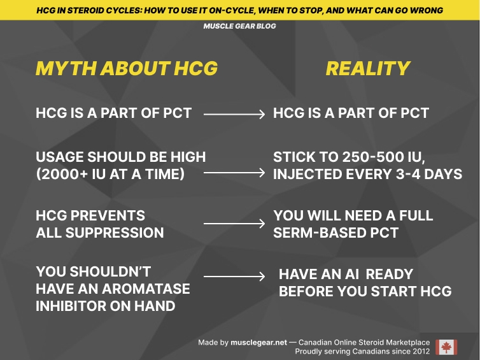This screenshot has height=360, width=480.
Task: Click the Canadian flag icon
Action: (x=446, y=347)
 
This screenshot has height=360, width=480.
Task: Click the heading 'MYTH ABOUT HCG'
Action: (x=127, y=69)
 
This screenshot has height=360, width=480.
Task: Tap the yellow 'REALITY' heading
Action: (x=368, y=69)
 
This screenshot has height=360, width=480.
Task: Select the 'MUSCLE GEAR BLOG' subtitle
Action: (x=240, y=27)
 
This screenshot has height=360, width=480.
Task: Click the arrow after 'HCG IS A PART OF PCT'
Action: (x=234, y=114)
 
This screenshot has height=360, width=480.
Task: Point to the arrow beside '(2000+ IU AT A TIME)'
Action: (x=234, y=173)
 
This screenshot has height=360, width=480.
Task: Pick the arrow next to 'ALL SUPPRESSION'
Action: (x=234, y=224)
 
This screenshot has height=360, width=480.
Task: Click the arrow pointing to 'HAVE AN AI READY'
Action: (x=234, y=277)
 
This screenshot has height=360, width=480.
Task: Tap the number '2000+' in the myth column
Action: (x=70, y=173)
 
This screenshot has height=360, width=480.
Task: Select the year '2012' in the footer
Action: (x=418, y=351)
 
